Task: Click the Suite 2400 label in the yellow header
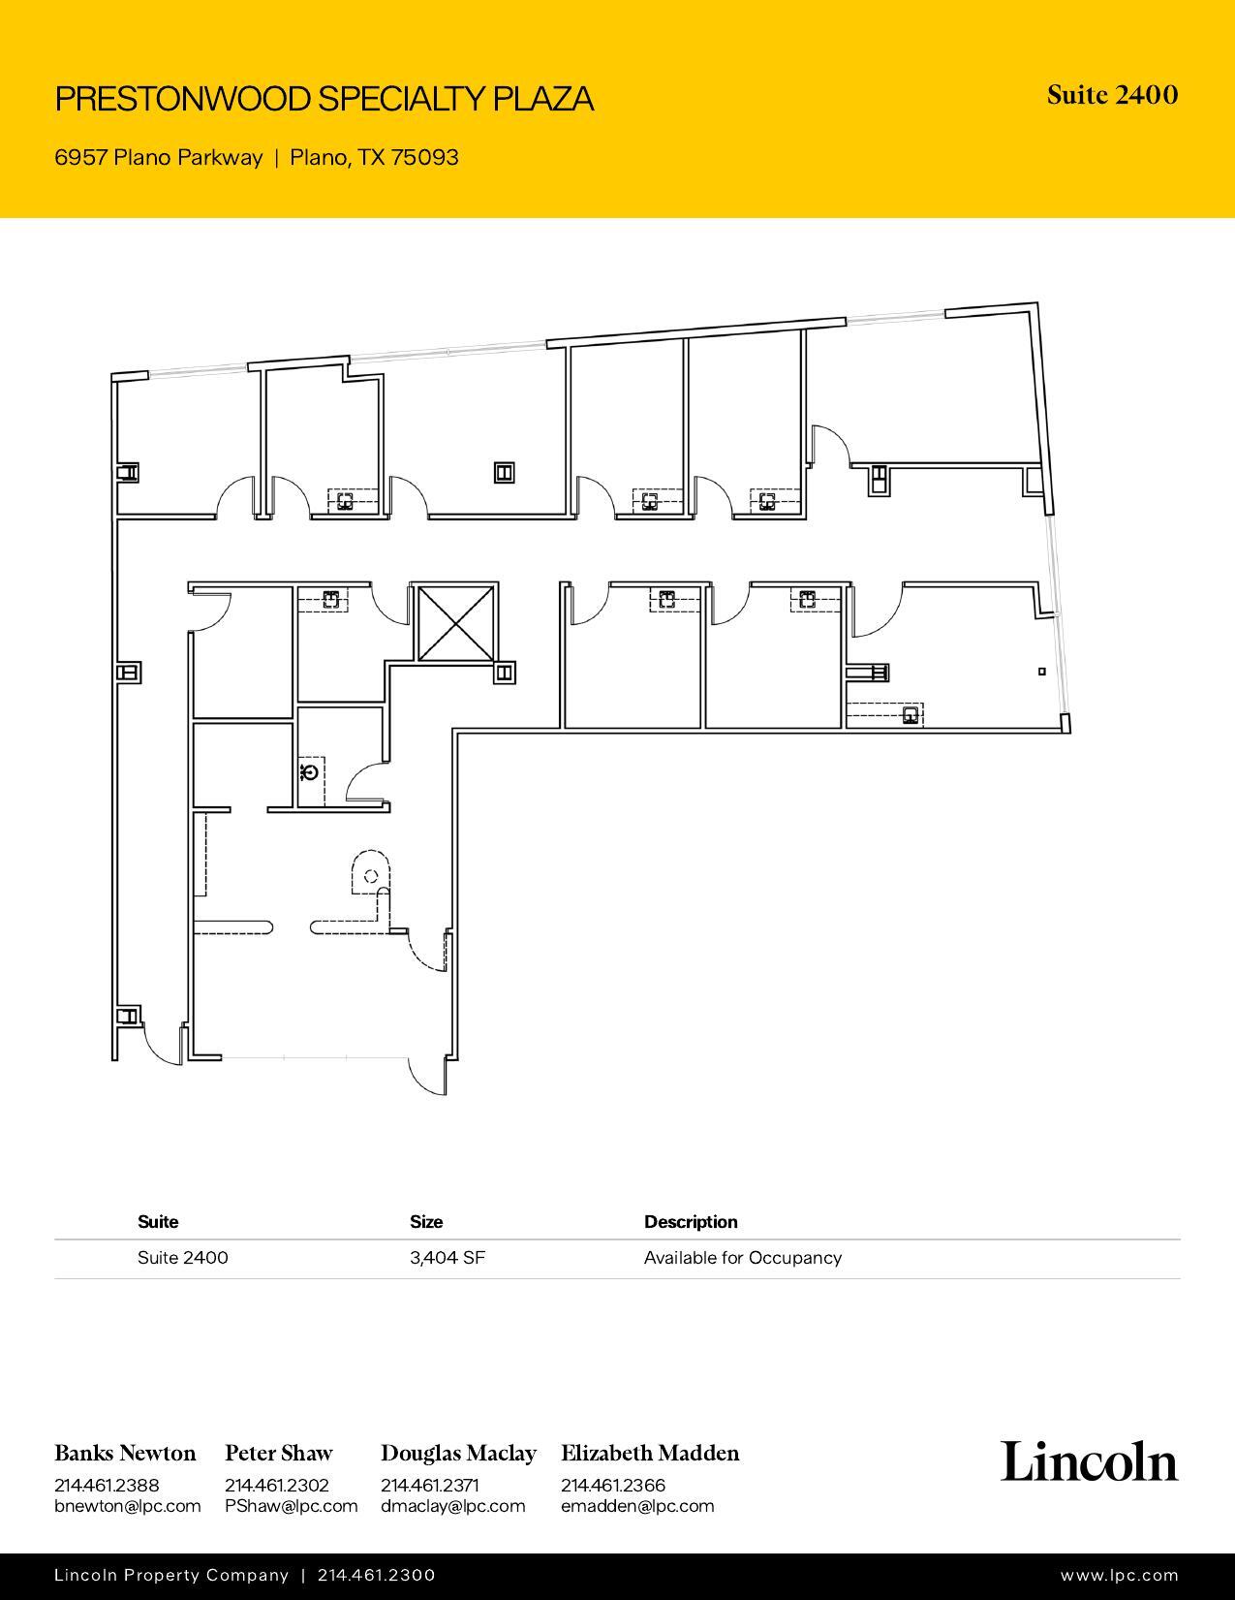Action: click(x=1112, y=95)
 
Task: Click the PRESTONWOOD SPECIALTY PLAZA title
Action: click(x=324, y=99)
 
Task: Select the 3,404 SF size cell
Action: click(x=447, y=1258)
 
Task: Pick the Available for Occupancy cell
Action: click(x=742, y=1258)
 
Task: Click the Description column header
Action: click(x=691, y=1222)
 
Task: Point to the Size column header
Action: click(x=426, y=1222)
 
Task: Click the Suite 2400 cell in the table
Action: click(x=183, y=1258)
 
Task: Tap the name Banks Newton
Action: click(x=125, y=1453)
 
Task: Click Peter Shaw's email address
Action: click(x=291, y=1506)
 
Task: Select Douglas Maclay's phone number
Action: click(x=429, y=1485)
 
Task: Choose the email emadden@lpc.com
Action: click(x=636, y=1506)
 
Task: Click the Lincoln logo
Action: click(x=1089, y=1461)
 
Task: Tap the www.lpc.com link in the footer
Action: click(x=1119, y=1576)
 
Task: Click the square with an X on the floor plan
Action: click(x=455, y=623)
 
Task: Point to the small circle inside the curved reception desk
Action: click(x=370, y=877)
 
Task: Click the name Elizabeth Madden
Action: click(x=650, y=1453)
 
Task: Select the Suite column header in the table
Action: click(x=158, y=1222)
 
